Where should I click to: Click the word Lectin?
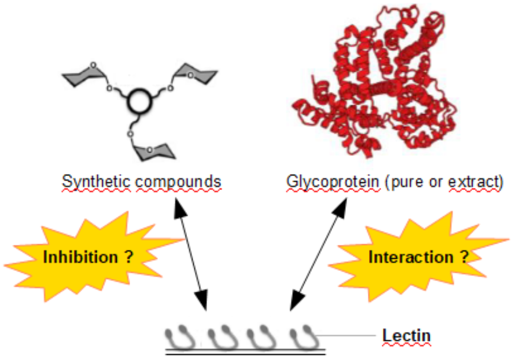(406, 335)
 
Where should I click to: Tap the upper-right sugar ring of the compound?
(194, 75)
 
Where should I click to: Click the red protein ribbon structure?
(370, 87)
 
